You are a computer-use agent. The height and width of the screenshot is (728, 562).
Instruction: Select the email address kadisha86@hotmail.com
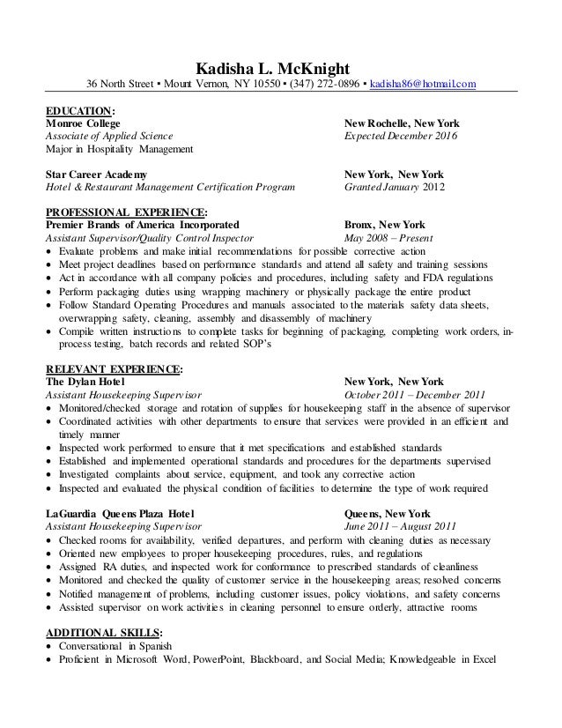[423, 85]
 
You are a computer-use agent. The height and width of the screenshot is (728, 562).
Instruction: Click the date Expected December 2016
[401, 137]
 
